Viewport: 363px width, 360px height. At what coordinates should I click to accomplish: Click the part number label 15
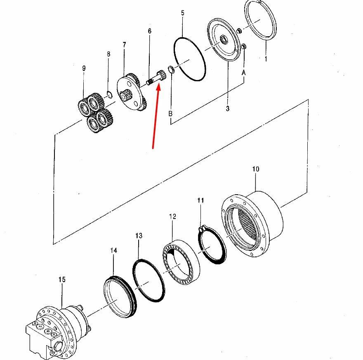click(62, 280)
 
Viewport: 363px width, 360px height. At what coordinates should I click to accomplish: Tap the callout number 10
click(256, 169)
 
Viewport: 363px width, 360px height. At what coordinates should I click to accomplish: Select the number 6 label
click(150, 31)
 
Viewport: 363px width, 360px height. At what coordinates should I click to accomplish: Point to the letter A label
click(243, 73)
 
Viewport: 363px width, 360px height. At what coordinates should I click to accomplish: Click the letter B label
click(170, 113)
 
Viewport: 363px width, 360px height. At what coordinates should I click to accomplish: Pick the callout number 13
click(139, 236)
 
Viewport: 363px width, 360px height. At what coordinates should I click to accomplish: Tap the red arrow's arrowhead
click(158, 88)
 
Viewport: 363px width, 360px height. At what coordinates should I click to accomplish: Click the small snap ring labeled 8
click(110, 94)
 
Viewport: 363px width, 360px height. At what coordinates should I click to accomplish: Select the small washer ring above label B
click(171, 69)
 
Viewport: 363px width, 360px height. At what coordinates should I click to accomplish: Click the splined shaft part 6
click(156, 77)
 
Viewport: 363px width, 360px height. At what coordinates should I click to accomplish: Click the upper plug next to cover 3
click(239, 30)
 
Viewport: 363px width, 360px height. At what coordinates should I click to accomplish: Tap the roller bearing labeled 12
click(181, 262)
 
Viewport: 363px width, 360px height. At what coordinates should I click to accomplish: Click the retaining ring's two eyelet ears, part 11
click(203, 228)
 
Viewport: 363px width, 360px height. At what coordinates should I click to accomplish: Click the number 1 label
click(266, 59)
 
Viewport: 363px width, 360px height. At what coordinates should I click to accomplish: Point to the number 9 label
click(84, 68)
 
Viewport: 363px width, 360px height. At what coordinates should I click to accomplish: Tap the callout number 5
click(183, 13)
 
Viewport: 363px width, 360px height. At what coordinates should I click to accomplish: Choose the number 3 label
click(228, 108)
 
